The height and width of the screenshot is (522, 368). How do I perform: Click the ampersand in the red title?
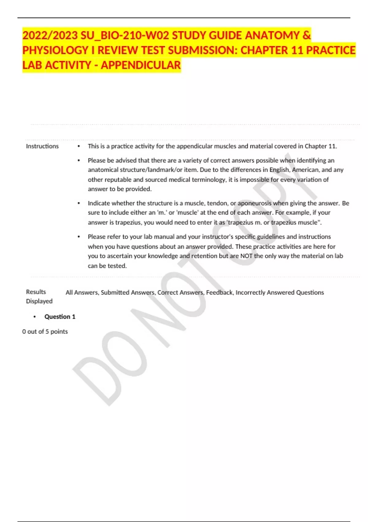(306, 35)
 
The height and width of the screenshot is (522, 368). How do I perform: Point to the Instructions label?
(42, 146)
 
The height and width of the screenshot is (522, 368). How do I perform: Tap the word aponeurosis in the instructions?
(255, 203)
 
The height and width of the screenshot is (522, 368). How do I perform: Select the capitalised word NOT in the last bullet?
(246, 256)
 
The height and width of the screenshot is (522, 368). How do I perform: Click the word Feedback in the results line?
(219, 293)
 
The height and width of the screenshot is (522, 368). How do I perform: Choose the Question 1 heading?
(60, 317)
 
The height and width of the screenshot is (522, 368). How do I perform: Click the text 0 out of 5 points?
(45, 332)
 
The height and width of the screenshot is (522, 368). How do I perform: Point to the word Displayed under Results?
(39, 301)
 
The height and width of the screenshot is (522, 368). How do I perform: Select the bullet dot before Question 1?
(35, 317)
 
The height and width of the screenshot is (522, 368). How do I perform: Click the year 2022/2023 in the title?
(50, 35)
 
